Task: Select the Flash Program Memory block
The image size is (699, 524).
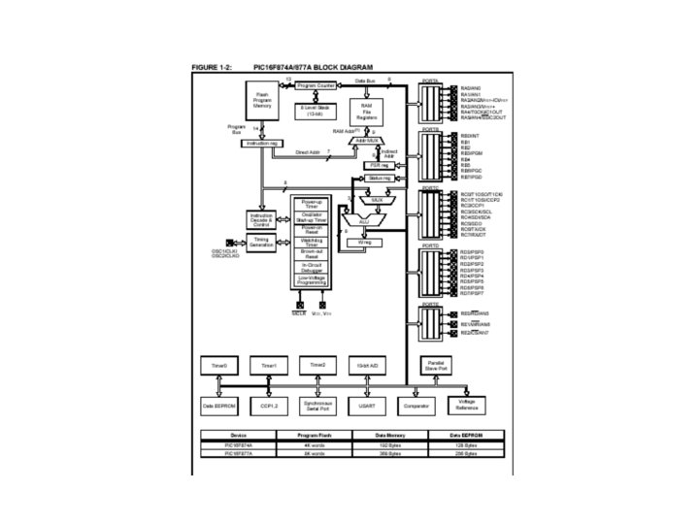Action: [262, 100]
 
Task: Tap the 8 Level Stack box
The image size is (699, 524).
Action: [316, 110]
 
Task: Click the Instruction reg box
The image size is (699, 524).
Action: [261, 143]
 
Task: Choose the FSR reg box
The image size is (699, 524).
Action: [380, 165]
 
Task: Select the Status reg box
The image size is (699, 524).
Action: [380, 179]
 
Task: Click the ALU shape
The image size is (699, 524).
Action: [364, 221]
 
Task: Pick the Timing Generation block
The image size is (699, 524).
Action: [262, 242]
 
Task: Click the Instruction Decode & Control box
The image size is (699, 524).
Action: [262, 219]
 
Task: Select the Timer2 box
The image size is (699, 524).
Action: [318, 365]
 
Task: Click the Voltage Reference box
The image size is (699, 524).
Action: [466, 406]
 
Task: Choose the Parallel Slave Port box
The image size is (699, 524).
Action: [436, 365]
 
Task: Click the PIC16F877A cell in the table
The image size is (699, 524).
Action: [238, 452]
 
